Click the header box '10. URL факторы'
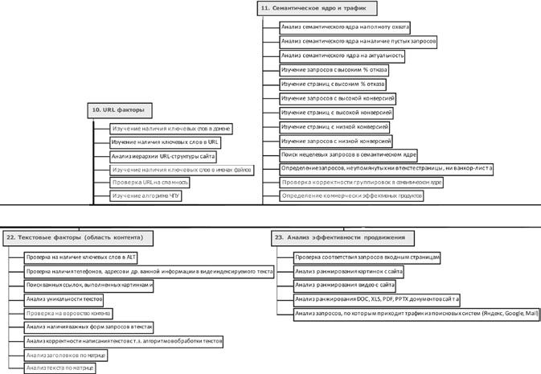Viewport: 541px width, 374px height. (x=119, y=109)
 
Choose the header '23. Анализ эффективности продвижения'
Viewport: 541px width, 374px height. (x=345, y=237)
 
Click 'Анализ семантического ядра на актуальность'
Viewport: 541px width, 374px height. (x=342, y=56)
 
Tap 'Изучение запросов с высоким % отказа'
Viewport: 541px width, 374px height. (x=333, y=70)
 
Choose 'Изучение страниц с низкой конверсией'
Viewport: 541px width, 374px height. (x=334, y=127)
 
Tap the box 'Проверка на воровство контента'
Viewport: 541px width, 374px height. (x=68, y=312)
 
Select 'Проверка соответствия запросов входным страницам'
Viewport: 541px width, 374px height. (x=367, y=257)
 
